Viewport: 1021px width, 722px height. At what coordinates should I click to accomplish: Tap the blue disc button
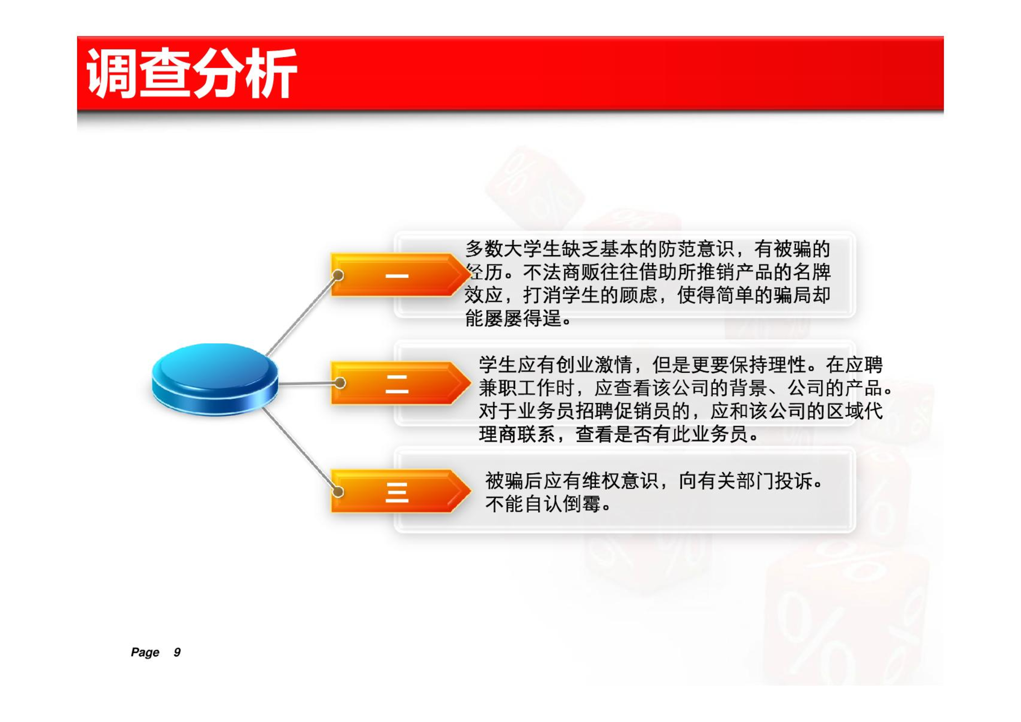click(215, 380)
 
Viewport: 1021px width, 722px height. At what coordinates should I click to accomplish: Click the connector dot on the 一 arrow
click(338, 275)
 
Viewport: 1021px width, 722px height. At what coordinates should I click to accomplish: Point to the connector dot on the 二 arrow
click(340, 383)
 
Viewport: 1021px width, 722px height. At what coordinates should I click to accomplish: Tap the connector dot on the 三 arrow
click(338, 491)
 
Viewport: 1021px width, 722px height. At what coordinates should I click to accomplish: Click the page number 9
click(177, 652)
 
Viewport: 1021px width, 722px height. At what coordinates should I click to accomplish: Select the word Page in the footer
click(145, 652)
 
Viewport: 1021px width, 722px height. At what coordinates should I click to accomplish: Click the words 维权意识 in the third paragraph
click(620, 480)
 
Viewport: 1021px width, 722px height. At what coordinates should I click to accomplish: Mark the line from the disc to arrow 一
click(301, 316)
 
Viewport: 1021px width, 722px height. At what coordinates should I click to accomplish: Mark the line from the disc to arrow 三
click(300, 449)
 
